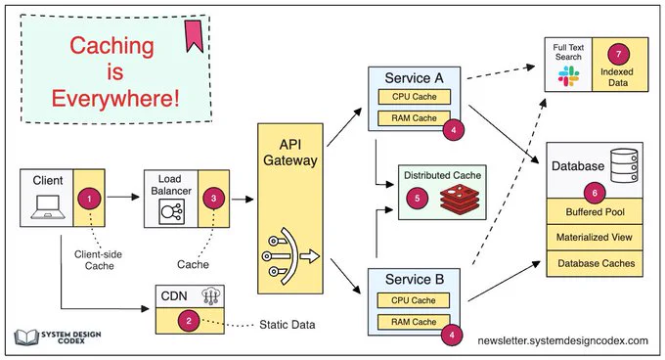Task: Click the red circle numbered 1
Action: (x=89, y=199)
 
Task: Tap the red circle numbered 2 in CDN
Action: (x=189, y=321)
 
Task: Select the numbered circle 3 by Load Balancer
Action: (x=213, y=198)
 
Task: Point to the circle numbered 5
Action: (x=417, y=198)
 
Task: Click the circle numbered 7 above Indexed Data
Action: (x=618, y=54)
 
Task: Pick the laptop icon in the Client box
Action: (x=48, y=206)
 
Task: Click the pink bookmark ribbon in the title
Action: (x=194, y=36)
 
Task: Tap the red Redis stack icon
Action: (x=460, y=199)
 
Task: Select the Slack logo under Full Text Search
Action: (x=568, y=76)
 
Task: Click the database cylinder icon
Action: (x=624, y=165)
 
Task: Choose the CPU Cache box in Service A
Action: (x=414, y=97)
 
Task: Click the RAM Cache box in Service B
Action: (x=414, y=322)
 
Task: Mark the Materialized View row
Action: (x=595, y=238)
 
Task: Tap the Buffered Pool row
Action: (x=595, y=211)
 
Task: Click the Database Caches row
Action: (x=595, y=263)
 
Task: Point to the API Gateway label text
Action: (x=290, y=153)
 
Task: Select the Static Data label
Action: (x=288, y=325)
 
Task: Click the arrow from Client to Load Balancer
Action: (x=123, y=197)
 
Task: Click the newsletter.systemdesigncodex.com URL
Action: (x=562, y=340)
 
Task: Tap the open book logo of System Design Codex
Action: (x=26, y=337)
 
